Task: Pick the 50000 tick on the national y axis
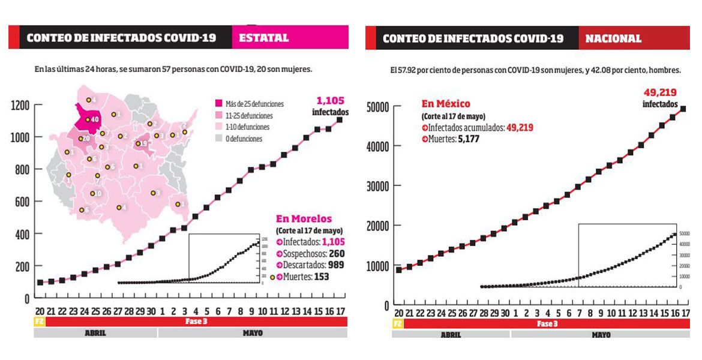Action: click(377, 107)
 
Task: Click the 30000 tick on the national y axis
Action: click(377, 186)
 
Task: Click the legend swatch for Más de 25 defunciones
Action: click(218, 104)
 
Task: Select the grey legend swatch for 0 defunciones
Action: click(218, 139)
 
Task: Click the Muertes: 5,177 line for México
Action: click(450, 139)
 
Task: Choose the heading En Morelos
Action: click(304, 218)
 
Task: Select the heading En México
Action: click(446, 104)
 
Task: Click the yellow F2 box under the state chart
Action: click(39, 322)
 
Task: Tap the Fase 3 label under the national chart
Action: click(546, 324)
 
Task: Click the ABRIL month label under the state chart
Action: click(95, 333)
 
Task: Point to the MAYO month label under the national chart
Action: click(601, 335)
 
